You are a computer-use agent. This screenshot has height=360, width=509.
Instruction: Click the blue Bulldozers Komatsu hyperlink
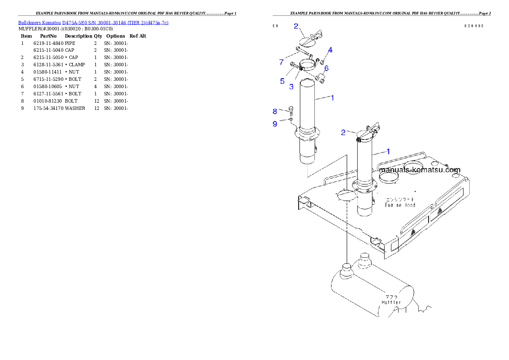pos(93,22)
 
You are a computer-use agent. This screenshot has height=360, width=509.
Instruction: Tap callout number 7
pos(281,62)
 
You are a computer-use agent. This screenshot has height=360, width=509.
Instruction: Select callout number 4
pos(330,50)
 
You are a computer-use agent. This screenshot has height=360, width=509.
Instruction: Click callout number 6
pos(326,68)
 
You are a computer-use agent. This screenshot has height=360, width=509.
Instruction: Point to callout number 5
pos(282,81)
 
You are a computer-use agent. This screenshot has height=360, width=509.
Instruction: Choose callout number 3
pos(291,86)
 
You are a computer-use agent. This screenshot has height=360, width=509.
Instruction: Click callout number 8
pos(275,112)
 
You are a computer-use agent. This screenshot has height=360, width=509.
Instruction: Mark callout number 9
pos(275,124)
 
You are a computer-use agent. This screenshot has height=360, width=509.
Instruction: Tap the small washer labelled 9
pos(291,120)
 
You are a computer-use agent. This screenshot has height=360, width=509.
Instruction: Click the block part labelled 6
pos(321,77)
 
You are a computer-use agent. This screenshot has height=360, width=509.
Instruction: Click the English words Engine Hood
pos(400,205)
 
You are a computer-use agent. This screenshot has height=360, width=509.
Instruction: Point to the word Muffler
pos(391,302)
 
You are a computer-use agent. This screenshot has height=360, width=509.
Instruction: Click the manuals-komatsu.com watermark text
pos(420,170)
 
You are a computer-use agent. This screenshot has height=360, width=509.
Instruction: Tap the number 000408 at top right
pos(474,26)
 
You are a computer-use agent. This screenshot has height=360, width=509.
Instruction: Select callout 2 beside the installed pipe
pos(343,133)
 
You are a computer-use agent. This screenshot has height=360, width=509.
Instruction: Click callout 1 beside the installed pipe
pos(388,151)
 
